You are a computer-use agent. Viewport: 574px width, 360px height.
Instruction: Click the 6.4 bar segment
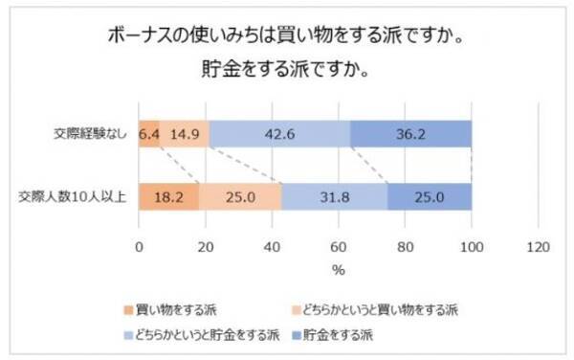point(149,134)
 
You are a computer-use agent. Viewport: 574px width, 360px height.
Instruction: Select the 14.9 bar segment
point(185,134)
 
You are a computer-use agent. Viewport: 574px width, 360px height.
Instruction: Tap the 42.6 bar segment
point(280,134)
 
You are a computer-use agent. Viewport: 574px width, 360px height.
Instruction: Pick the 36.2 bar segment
point(411,134)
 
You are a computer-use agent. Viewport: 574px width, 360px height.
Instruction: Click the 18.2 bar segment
point(168,197)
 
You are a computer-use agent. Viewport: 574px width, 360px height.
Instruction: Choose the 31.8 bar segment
point(335,197)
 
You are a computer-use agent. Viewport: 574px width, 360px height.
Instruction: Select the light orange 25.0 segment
point(240,197)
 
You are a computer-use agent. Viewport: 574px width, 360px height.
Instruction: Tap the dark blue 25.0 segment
point(430,197)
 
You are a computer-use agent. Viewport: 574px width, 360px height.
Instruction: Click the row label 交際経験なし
point(91,134)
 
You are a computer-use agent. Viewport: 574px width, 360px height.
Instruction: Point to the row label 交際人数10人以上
point(73,197)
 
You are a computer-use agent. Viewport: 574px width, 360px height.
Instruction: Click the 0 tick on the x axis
point(139,247)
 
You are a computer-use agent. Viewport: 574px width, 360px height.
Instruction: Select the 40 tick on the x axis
point(272,247)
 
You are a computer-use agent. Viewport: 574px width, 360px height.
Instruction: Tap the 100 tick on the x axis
point(472,247)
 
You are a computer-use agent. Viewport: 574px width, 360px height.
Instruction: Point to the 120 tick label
point(538,247)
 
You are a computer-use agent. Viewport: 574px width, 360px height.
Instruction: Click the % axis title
point(339,270)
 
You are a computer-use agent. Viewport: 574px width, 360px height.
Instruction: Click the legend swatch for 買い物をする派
point(128,310)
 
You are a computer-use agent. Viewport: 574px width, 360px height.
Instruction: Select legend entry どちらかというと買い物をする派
point(375,310)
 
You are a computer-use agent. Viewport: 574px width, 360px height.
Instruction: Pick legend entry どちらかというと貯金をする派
point(202,335)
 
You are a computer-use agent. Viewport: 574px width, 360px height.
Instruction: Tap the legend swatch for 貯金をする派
point(296,335)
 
